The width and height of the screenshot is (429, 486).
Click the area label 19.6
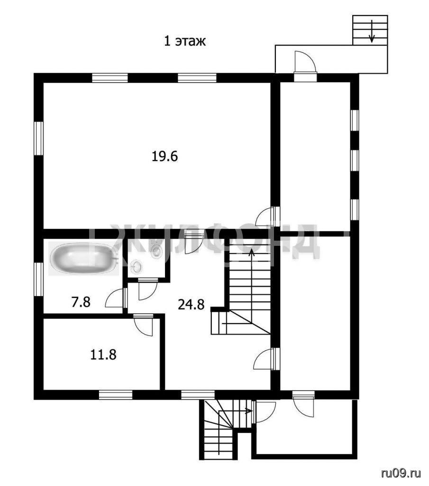[x=164, y=156]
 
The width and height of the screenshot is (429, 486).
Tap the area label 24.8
[x=191, y=304]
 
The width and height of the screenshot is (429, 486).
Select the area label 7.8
[x=81, y=302]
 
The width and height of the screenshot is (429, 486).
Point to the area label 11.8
[x=103, y=355]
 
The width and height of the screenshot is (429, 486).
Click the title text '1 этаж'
[x=185, y=41]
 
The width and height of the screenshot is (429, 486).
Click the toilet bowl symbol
[x=156, y=250]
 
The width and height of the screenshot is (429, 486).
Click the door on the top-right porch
[x=305, y=62]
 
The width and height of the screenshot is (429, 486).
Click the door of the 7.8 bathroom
[x=117, y=298]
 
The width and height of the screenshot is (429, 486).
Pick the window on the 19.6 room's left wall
[x=38, y=138]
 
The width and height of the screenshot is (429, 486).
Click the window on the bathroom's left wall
[x=38, y=279]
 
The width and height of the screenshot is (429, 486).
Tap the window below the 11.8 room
[x=116, y=395]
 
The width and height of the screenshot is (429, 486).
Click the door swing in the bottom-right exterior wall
[x=303, y=404]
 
